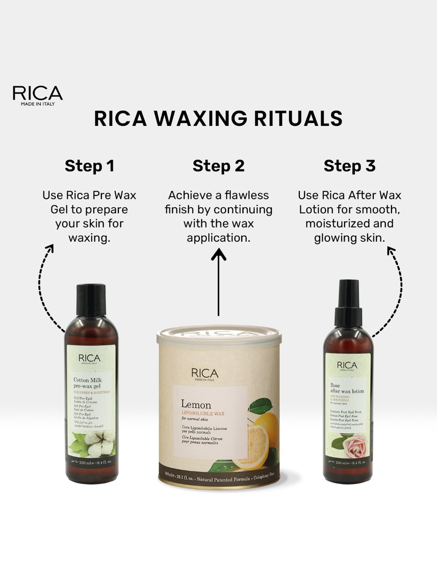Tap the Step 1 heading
89,166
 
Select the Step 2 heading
218,166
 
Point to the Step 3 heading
349,166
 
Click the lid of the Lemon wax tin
219,335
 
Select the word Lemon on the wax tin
196,405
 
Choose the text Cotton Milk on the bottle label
87,380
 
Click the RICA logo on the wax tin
205,374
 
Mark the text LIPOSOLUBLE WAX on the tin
203,413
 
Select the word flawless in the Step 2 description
246,195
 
